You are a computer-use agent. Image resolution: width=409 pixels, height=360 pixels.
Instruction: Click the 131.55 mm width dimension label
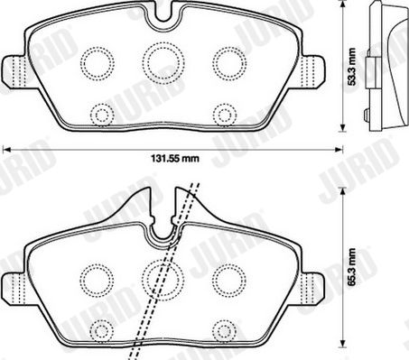coord(175,158)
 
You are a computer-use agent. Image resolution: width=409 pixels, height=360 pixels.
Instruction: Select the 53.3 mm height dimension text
coord(351,67)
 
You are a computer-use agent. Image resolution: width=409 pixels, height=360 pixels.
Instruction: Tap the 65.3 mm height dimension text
coord(351,267)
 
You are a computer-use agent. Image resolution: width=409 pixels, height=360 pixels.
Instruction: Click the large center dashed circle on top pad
coord(163,62)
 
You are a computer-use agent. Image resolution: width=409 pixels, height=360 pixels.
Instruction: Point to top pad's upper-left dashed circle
coord(98,63)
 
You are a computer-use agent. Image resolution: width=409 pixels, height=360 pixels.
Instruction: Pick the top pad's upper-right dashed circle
coord(229,63)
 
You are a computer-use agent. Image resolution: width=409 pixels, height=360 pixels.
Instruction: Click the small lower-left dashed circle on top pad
coord(102,115)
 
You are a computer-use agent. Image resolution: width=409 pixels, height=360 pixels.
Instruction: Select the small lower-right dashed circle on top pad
coord(225,115)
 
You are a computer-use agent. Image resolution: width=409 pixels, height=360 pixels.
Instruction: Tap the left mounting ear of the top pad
coord(14,71)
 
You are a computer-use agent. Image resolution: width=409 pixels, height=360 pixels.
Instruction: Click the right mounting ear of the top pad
coord(313,71)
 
